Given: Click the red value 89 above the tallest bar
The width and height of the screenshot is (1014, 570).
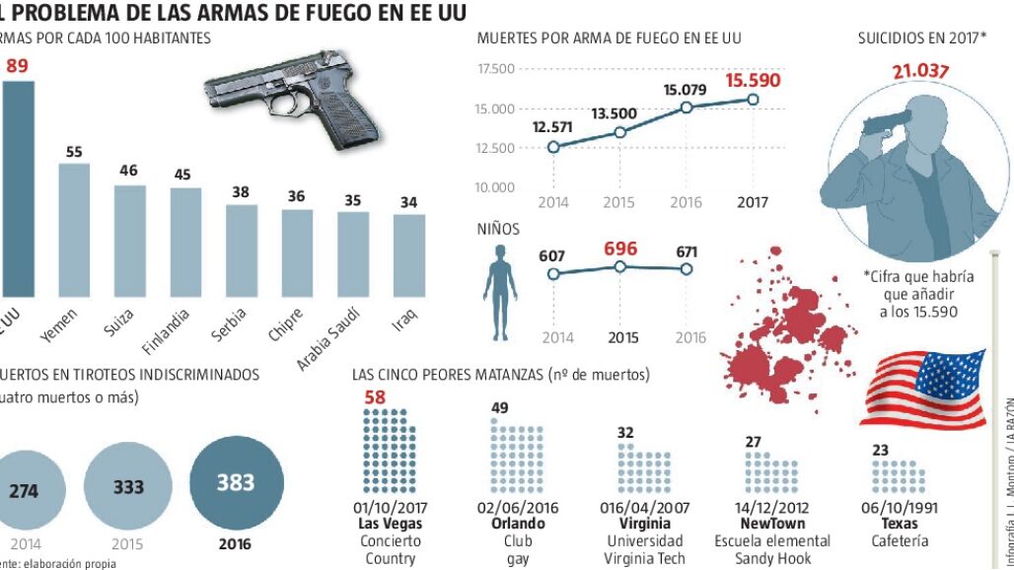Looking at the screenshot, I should (x=17, y=66).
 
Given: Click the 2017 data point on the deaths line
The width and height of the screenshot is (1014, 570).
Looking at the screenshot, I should (x=753, y=100).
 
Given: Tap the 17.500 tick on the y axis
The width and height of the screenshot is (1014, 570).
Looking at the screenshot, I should (x=495, y=69).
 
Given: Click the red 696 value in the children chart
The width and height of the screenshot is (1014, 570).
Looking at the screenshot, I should (x=620, y=246).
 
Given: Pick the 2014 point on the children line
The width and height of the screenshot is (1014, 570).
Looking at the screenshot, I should (x=555, y=273).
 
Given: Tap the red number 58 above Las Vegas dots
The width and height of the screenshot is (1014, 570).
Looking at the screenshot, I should (x=375, y=397).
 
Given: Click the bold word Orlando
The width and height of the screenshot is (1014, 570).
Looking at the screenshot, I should (x=518, y=524).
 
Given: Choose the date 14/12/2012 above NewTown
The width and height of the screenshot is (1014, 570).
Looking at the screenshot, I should (x=772, y=508).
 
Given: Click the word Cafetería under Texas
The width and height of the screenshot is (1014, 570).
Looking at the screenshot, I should (x=901, y=540).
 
